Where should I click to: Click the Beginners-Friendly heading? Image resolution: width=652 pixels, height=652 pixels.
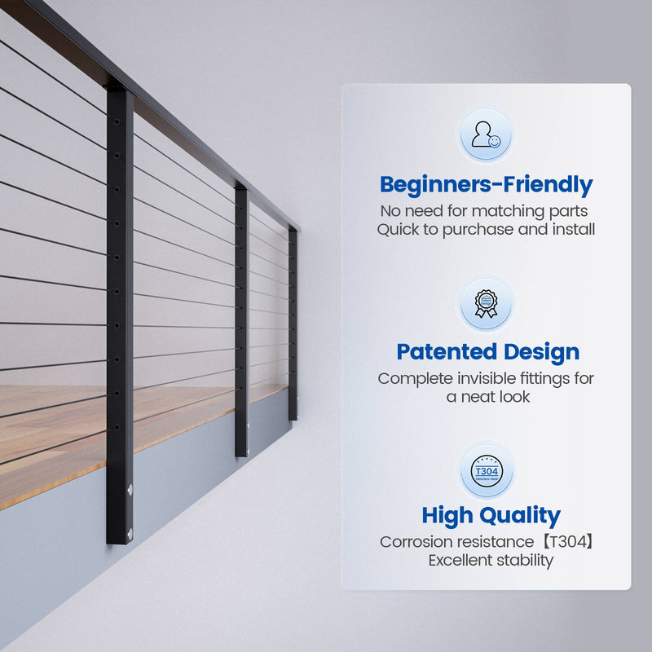pos(486,184)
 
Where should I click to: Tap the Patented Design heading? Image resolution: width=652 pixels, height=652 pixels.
pos(487,352)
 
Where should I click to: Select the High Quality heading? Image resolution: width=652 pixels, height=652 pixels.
pos(491,515)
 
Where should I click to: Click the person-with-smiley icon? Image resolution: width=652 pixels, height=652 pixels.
pos(486,135)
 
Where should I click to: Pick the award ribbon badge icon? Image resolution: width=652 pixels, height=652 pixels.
pos(486,303)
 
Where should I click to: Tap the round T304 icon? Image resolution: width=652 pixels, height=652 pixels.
pos(486,470)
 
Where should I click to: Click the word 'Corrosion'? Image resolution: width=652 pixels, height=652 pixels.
pos(416,541)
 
